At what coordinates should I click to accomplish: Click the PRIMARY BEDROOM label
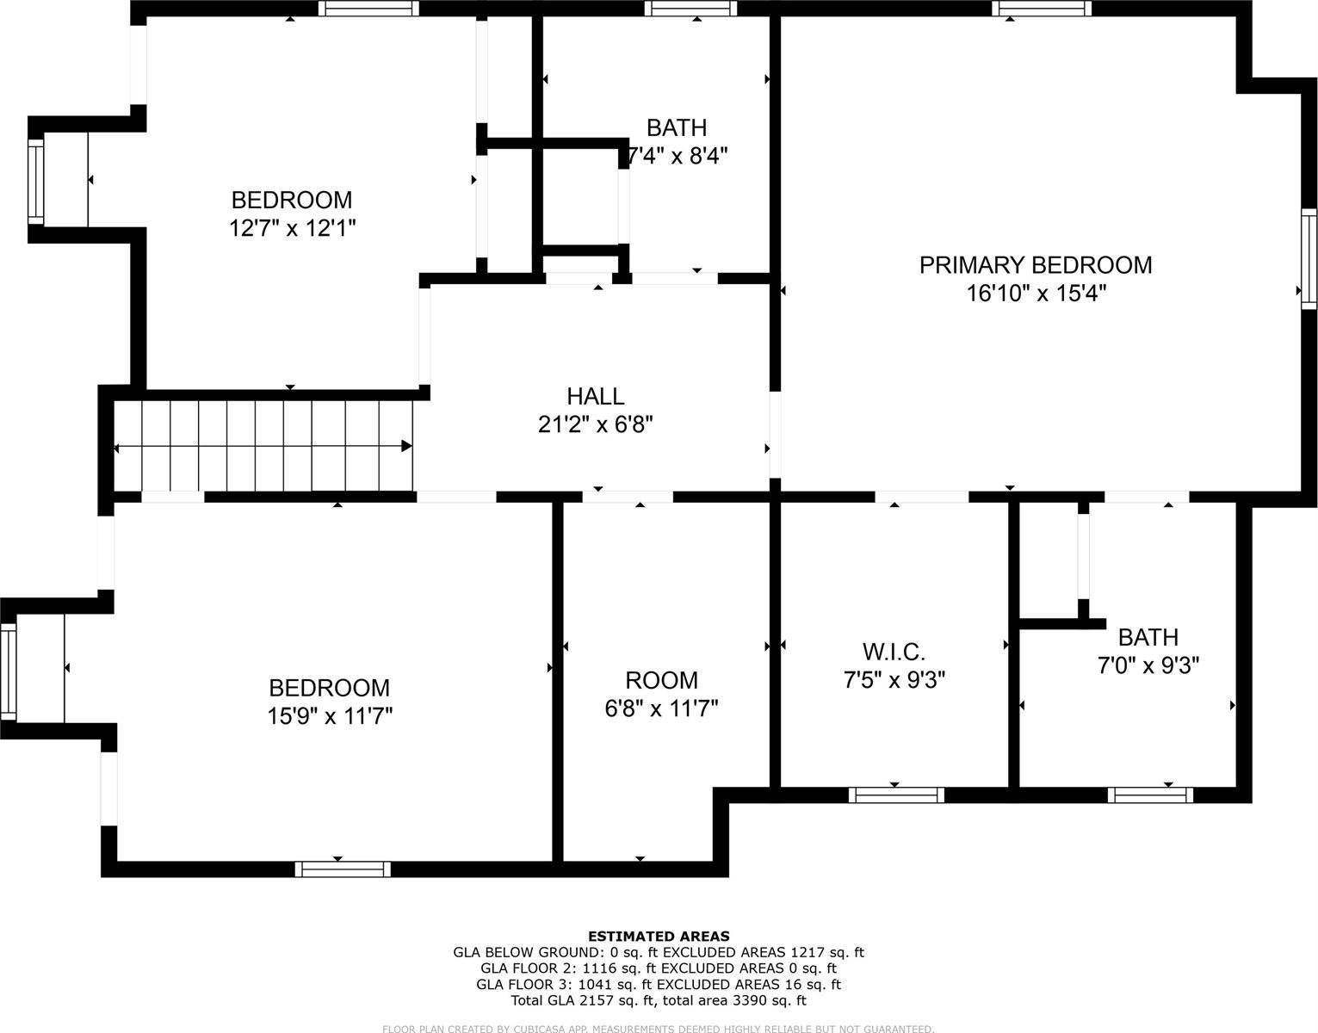point(1035,264)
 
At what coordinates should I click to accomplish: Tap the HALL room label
point(595,396)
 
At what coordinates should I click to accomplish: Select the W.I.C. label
point(894,652)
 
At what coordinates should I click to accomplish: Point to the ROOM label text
point(661,680)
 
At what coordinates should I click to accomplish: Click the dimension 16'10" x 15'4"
point(1035,294)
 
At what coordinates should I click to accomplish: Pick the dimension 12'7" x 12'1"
point(293,228)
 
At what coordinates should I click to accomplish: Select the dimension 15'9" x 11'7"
point(330,716)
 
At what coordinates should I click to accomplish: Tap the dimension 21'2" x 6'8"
point(595,424)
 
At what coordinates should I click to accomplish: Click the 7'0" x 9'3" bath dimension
point(1148,665)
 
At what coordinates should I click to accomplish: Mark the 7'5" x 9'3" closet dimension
point(894,680)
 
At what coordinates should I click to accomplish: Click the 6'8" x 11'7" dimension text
point(661,708)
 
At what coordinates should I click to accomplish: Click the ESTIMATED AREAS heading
point(659,936)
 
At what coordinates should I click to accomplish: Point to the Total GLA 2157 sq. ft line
point(659,1000)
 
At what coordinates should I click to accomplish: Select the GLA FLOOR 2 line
point(659,968)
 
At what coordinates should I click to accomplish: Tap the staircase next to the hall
point(263,446)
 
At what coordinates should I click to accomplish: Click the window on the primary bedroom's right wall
point(1309,258)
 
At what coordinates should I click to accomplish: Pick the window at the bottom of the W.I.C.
point(895,795)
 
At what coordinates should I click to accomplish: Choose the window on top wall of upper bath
point(690,9)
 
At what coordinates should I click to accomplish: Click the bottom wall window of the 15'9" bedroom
point(343,869)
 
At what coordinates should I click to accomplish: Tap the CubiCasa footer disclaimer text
point(659,1028)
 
